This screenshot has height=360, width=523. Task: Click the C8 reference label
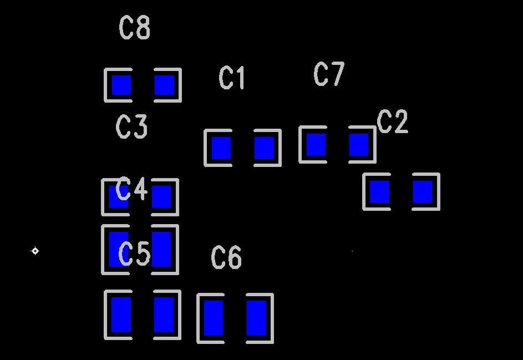click(x=135, y=28)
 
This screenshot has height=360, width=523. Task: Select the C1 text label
click(x=232, y=78)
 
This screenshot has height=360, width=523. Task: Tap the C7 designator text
click(x=329, y=74)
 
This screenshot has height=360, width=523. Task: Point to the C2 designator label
click(x=393, y=122)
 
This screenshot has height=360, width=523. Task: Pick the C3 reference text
click(x=132, y=127)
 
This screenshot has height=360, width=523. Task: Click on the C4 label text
click(x=132, y=189)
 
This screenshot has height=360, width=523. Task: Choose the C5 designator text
click(x=135, y=254)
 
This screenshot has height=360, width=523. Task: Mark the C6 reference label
click(x=226, y=258)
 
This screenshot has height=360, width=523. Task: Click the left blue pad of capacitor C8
click(x=121, y=85)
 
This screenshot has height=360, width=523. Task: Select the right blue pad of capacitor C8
click(x=164, y=85)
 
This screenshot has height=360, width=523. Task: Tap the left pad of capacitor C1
click(x=221, y=148)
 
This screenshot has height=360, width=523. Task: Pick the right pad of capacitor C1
click(x=264, y=148)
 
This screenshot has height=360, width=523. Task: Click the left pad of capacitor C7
click(x=316, y=145)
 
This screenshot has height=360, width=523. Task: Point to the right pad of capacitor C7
click(x=359, y=145)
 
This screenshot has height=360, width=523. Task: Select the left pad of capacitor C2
click(x=380, y=192)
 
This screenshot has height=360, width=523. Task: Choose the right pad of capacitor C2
click(x=423, y=192)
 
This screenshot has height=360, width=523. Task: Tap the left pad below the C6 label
click(x=214, y=318)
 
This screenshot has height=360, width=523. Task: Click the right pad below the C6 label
click(x=256, y=318)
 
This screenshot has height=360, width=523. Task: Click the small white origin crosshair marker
click(x=35, y=251)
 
